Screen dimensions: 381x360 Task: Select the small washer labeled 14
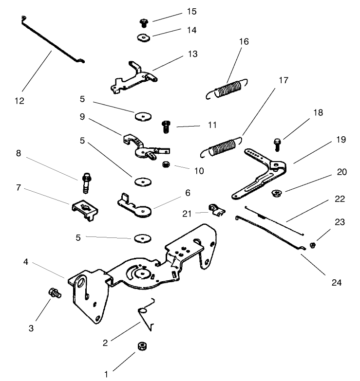143,37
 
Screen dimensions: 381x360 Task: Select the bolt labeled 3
53,293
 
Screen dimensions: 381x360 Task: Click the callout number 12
19,101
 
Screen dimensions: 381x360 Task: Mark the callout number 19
341,140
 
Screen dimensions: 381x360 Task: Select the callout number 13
193,54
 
